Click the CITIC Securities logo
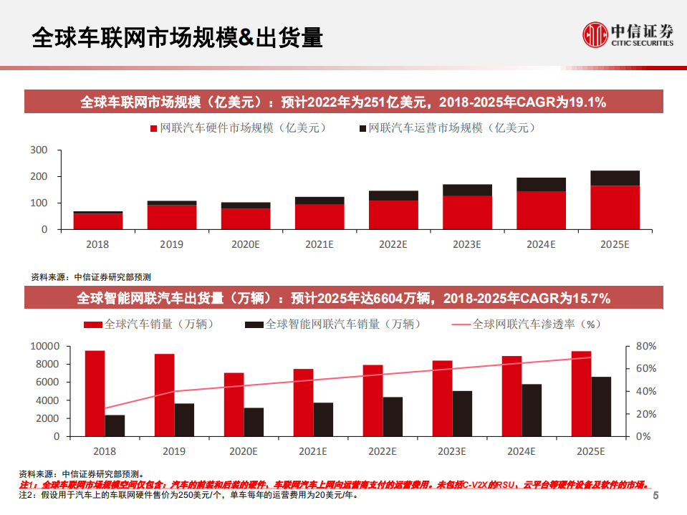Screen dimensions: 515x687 (628, 34)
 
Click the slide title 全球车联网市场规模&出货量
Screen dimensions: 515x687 (178, 37)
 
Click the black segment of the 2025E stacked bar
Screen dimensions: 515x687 (615, 178)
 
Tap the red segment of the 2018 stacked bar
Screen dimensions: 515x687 (98, 221)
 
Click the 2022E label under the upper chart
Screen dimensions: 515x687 (393, 244)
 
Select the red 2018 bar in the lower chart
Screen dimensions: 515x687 (95, 393)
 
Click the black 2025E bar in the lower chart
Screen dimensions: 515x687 (601, 406)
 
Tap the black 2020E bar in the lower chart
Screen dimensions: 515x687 (254, 421)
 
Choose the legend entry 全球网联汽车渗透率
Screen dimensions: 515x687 (526, 324)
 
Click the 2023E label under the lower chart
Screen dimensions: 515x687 (452, 451)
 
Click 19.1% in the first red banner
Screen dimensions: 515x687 (587, 102)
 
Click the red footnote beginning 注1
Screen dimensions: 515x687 (334, 484)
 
